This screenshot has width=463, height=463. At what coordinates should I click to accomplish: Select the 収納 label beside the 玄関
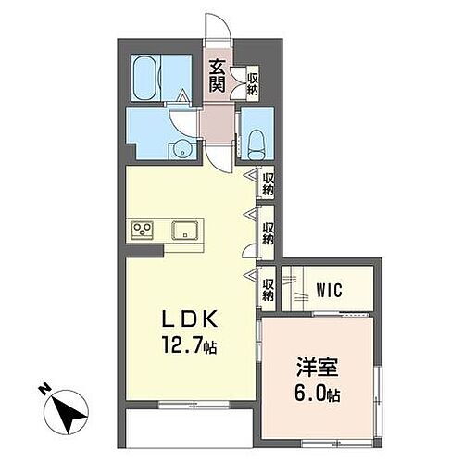253,81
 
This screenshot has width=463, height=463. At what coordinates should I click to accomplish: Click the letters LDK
192,319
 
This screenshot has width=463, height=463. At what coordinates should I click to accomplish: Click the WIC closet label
330,290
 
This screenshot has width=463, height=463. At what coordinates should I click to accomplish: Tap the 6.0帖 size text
317,394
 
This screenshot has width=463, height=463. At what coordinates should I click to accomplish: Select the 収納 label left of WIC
269,290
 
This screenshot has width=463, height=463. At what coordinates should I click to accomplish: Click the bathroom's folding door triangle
183,94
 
